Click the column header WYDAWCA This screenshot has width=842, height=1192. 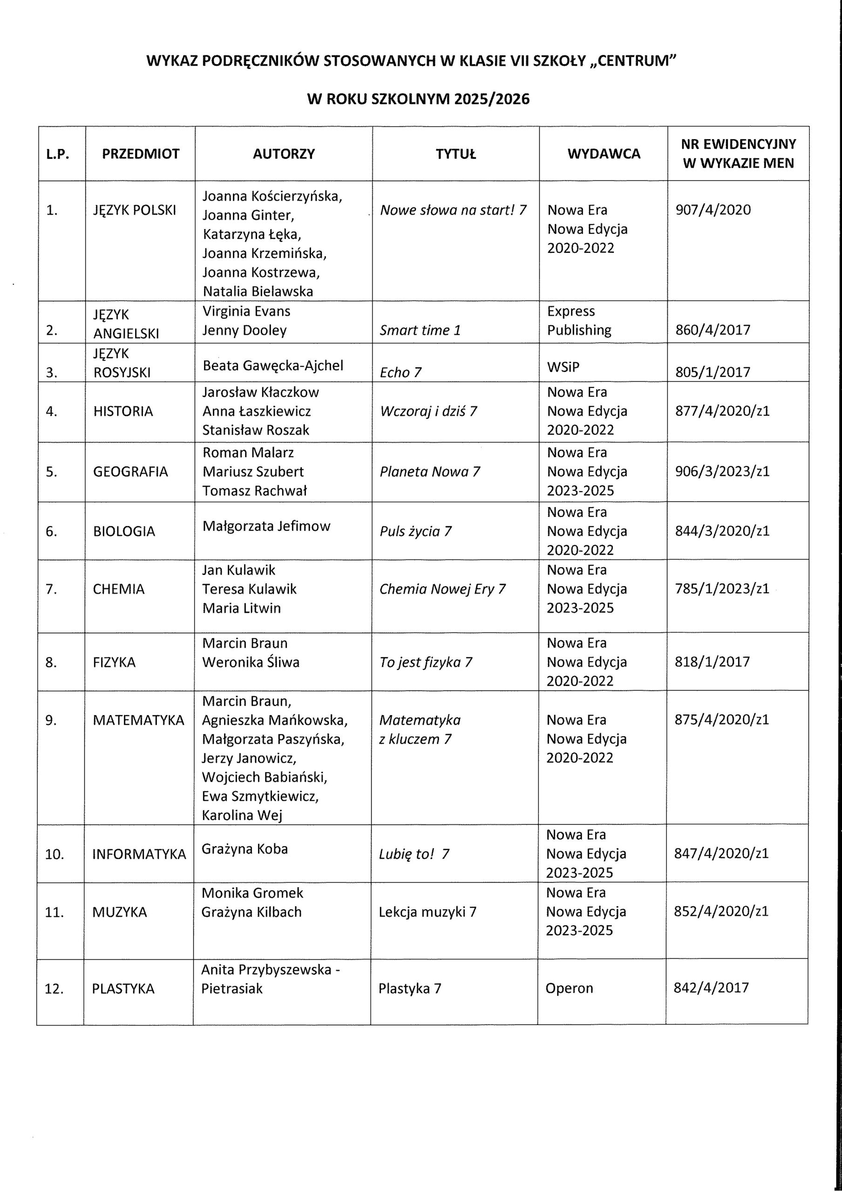[x=603, y=154]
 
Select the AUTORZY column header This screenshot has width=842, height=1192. [x=284, y=154]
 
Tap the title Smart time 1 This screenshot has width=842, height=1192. [x=420, y=330]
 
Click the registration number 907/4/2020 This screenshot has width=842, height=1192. [x=713, y=210]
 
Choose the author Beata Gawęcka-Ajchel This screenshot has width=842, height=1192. [x=273, y=366]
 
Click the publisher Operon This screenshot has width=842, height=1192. [x=569, y=988]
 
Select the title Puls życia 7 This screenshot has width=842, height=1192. [x=415, y=531]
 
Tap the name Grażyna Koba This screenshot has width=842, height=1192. [x=244, y=848]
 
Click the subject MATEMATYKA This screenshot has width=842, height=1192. [x=138, y=720]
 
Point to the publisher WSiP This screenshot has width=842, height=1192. [x=563, y=367]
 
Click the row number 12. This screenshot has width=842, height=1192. [x=54, y=989]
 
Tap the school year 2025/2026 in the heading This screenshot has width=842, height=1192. [x=491, y=99]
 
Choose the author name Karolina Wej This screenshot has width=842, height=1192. [x=242, y=815]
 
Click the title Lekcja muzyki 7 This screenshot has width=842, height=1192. [x=427, y=912]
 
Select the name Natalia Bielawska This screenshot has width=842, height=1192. [x=258, y=291]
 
